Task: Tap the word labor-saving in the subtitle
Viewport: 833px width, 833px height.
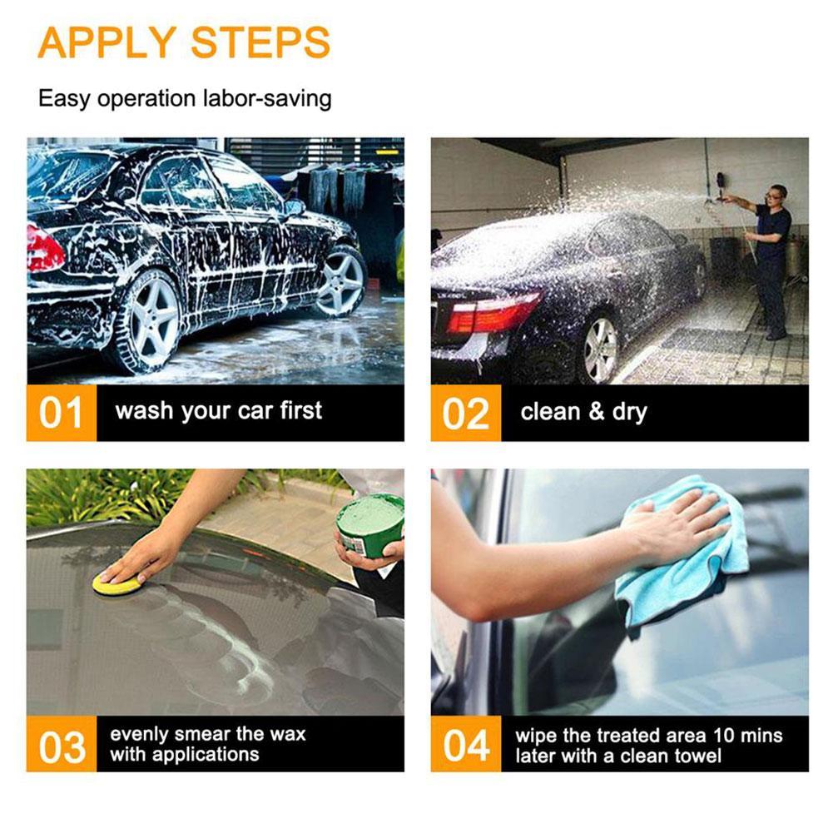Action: click(267, 98)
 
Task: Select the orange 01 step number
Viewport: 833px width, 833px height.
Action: click(62, 413)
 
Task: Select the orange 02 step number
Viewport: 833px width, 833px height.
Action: click(465, 413)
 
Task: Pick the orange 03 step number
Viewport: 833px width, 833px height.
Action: click(62, 745)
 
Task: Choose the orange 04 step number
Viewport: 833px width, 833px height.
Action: click(465, 745)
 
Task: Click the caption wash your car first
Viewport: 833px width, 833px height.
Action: click(218, 411)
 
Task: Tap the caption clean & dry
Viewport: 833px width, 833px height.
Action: click(583, 412)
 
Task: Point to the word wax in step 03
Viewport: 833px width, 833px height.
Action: click(287, 734)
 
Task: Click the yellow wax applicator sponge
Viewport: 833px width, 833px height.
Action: click(116, 583)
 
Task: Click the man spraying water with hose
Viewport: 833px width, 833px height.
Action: click(770, 258)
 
